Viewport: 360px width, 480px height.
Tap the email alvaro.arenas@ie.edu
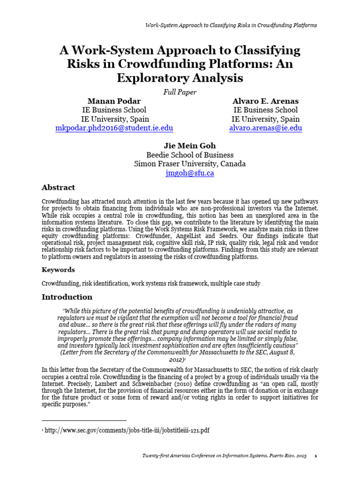tap(265, 128)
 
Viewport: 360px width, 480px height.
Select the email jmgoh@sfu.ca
tap(189, 173)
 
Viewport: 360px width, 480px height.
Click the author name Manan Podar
tap(114, 101)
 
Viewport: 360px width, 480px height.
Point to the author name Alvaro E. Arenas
tap(265, 101)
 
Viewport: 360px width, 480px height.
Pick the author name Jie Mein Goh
tap(189, 146)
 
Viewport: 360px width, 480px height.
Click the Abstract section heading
tap(58, 187)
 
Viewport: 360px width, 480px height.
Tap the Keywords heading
tap(58, 270)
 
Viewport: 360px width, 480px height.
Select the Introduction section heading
tap(67, 297)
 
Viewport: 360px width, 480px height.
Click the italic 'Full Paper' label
tap(180, 92)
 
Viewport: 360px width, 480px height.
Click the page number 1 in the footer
tap(316, 456)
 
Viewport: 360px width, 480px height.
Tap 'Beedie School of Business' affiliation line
tap(189, 155)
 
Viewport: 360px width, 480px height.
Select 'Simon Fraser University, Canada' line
tap(189, 164)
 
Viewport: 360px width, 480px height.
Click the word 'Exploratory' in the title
tap(158, 78)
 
